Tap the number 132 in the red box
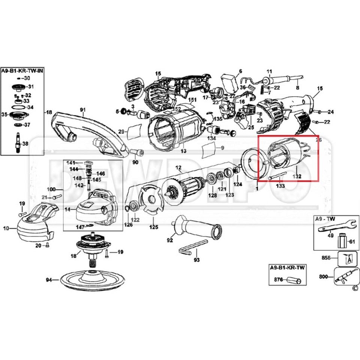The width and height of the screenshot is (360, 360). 297,175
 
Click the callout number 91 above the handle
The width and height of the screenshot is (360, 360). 82,110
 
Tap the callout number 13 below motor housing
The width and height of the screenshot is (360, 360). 183,151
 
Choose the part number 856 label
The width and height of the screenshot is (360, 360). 326,258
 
